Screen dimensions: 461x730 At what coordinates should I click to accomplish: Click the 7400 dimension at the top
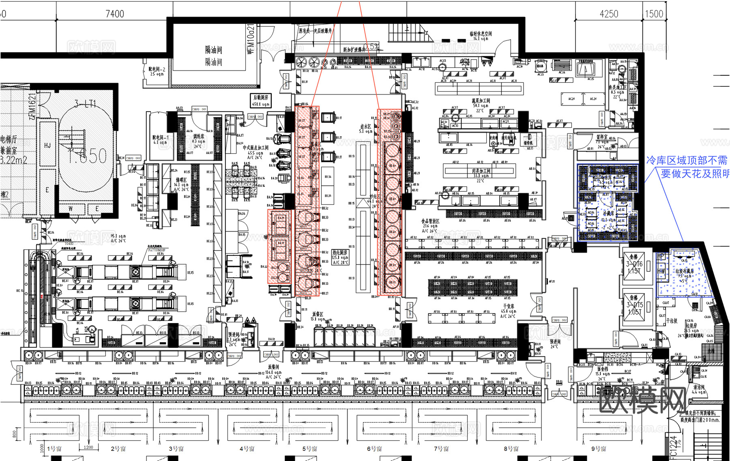click(x=115, y=14)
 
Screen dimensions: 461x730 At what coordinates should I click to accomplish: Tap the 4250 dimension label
click(x=609, y=14)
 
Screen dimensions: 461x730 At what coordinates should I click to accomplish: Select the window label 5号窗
click(x=309, y=449)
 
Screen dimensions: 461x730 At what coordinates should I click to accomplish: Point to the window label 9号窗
click(x=599, y=449)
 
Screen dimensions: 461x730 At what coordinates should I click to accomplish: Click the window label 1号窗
click(x=54, y=449)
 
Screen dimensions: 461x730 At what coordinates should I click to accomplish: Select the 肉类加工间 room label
click(x=481, y=171)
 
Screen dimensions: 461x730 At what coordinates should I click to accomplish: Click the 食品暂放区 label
click(x=430, y=221)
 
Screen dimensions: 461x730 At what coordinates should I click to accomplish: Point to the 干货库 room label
click(x=508, y=307)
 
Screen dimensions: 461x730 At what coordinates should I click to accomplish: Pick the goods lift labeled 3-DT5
click(x=635, y=305)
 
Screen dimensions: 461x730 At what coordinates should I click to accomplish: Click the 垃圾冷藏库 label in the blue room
click(x=685, y=271)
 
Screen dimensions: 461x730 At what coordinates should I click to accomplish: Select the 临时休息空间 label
click(x=481, y=34)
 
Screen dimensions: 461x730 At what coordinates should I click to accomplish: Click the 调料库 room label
click(x=198, y=137)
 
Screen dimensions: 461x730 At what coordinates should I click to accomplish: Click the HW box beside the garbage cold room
click(x=661, y=271)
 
